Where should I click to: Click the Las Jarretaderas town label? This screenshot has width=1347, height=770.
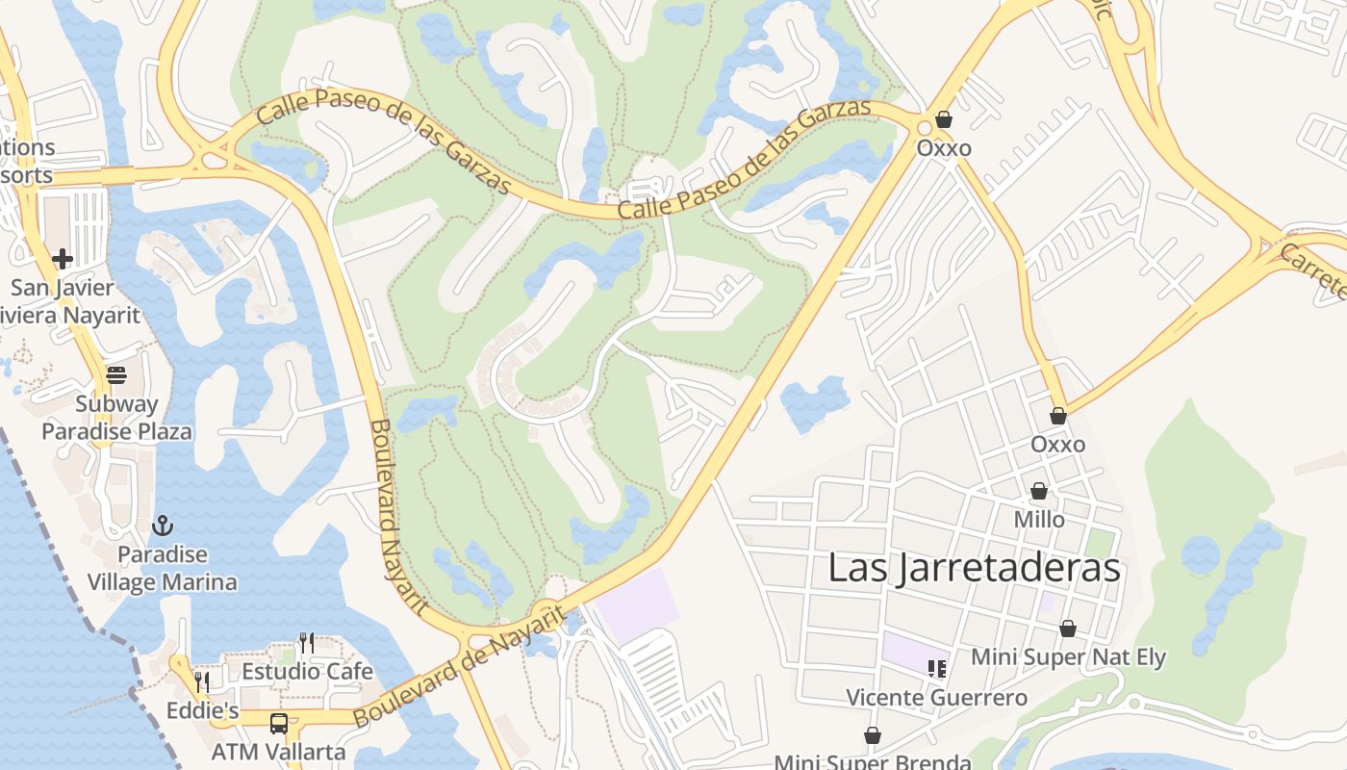pyautogui.click(x=974, y=568)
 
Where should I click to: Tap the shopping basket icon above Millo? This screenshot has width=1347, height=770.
pyautogui.click(x=1039, y=491)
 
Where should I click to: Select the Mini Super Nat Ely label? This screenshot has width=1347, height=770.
pyautogui.click(x=1068, y=657)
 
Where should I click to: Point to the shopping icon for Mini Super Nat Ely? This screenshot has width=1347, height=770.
pyautogui.click(x=1068, y=629)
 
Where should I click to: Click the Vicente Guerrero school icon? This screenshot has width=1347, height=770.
pyautogui.click(x=937, y=668)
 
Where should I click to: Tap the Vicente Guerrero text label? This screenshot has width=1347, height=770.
pyautogui.click(x=936, y=697)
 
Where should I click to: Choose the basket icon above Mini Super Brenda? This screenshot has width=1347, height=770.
pyautogui.click(x=873, y=735)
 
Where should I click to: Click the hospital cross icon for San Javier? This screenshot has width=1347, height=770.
pyautogui.click(x=63, y=258)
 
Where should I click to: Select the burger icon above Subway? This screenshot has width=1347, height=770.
pyautogui.click(x=116, y=374)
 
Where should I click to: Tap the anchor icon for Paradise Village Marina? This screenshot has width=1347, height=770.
pyautogui.click(x=163, y=526)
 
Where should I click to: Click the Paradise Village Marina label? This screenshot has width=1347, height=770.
pyautogui.click(x=163, y=568)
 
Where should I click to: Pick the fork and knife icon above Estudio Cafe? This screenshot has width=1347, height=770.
pyautogui.click(x=307, y=642)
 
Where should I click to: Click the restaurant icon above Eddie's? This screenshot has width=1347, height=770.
pyautogui.click(x=202, y=681)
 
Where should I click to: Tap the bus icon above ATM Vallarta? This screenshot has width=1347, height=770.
pyautogui.click(x=279, y=723)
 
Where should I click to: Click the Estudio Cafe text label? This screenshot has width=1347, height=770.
pyautogui.click(x=307, y=671)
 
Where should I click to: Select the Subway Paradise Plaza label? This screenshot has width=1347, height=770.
pyautogui.click(x=116, y=417)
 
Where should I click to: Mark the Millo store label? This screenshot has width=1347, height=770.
pyautogui.click(x=1039, y=520)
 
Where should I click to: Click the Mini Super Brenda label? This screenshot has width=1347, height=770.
pyautogui.click(x=873, y=761)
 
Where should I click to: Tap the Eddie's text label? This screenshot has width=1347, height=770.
pyautogui.click(x=202, y=710)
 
